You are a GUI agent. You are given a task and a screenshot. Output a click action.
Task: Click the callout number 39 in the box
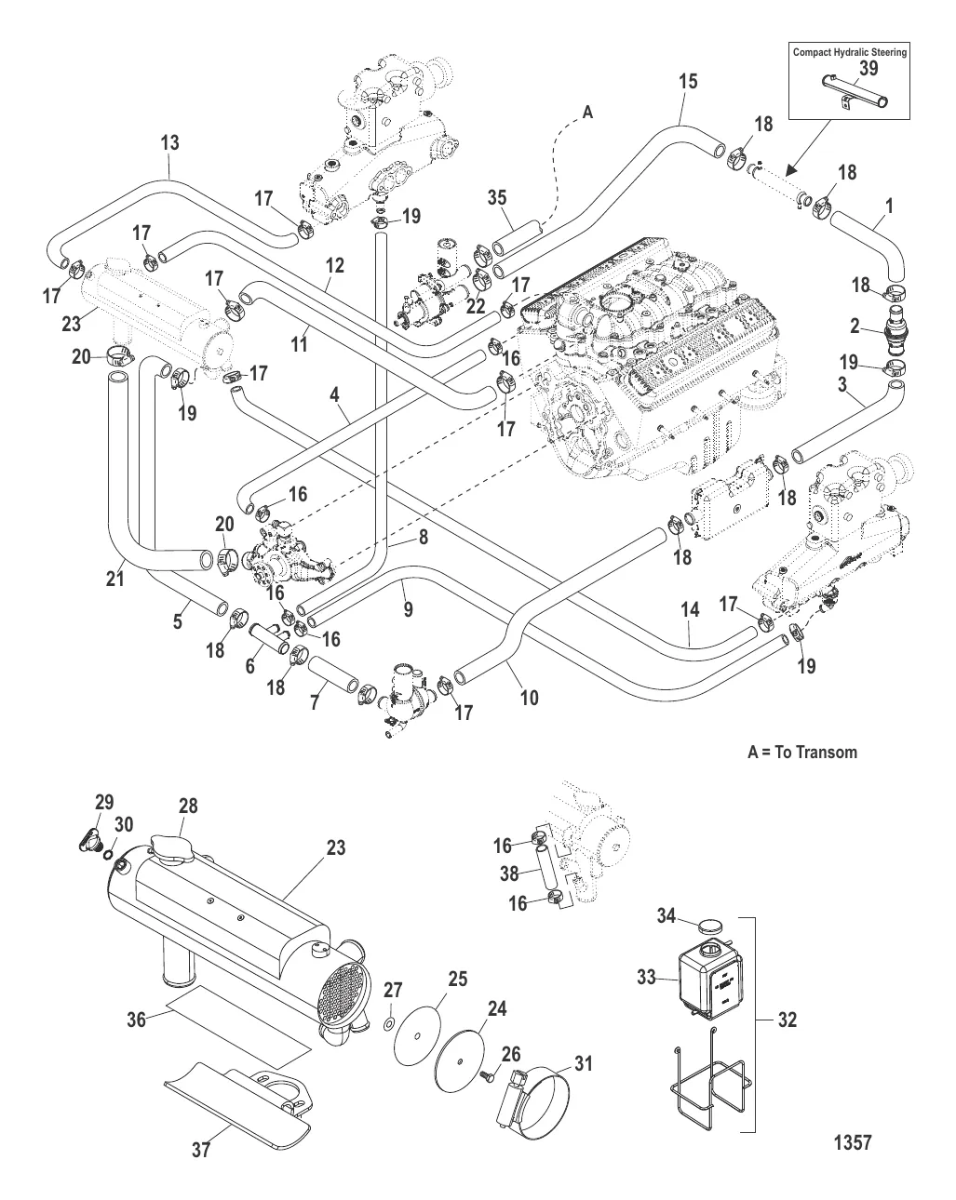click(868, 69)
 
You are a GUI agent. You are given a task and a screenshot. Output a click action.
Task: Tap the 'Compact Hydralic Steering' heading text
click(849, 53)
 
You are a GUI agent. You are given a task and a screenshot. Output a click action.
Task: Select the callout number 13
click(169, 143)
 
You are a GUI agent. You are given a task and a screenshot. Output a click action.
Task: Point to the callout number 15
click(687, 81)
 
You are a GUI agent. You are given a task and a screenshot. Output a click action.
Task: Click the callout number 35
click(497, 196)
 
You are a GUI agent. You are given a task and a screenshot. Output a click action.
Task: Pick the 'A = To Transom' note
click(802, 752)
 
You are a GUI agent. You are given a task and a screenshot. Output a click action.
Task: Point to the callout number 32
click(787, 1020)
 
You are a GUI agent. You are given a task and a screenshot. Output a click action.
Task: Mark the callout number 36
click(136, 1020)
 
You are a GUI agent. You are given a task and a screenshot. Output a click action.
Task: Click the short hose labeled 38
click(546, 875)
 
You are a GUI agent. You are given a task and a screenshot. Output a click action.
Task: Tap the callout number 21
click(114, 580)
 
